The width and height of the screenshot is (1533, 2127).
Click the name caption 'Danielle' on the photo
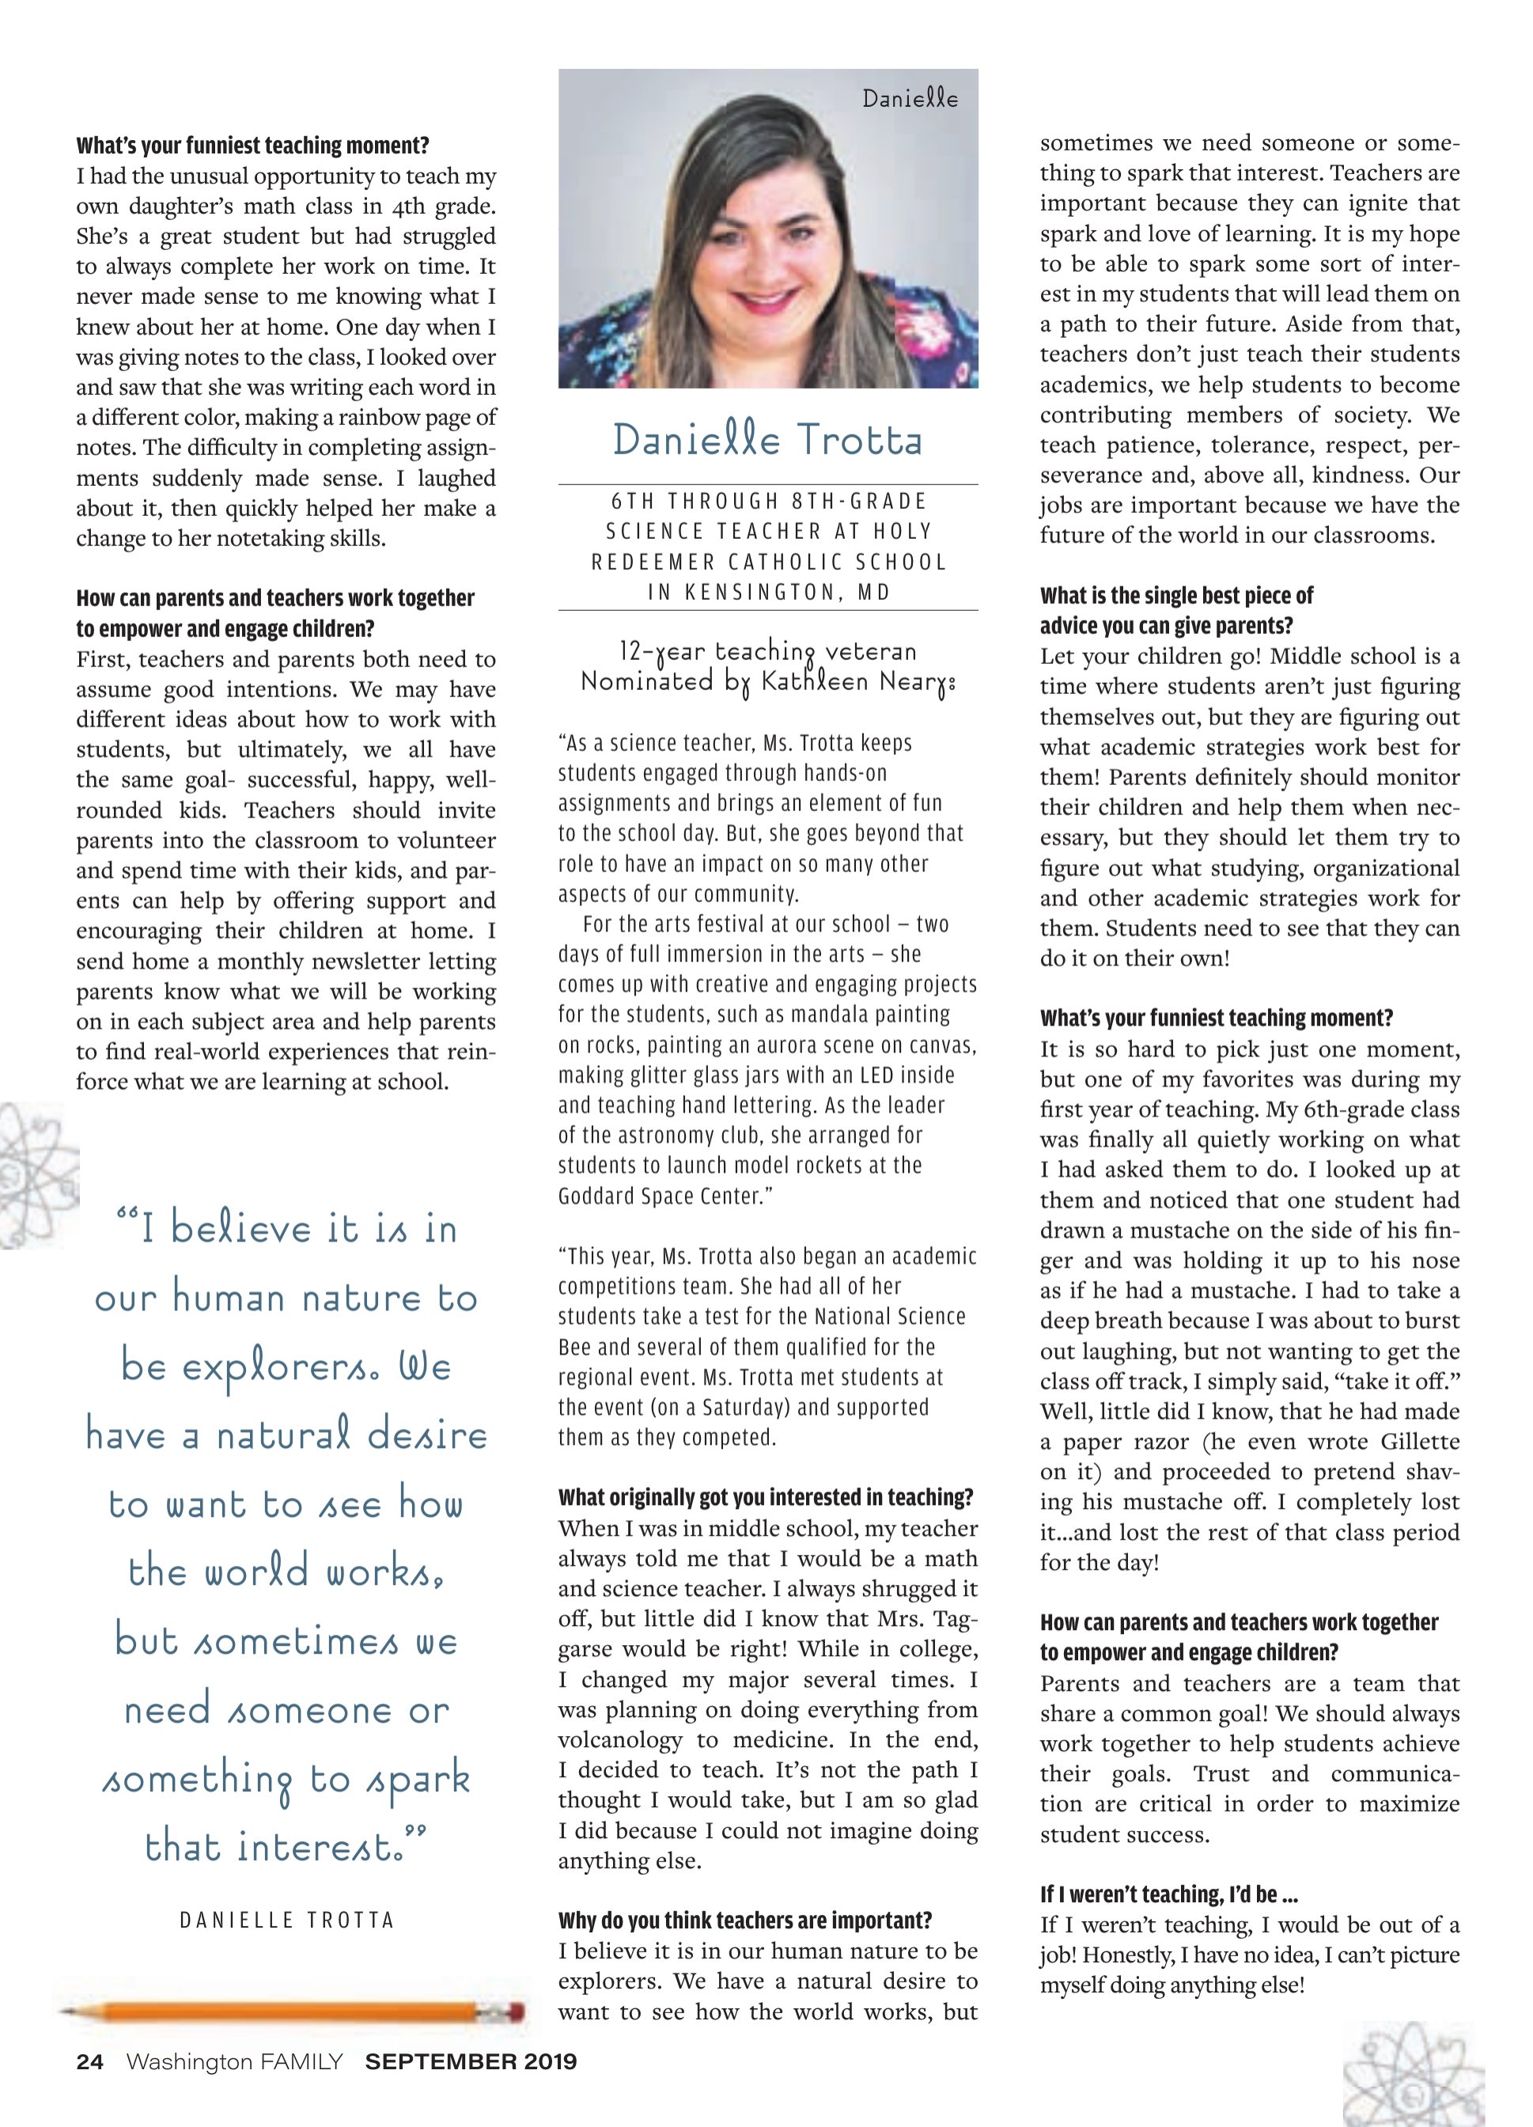[910, 98]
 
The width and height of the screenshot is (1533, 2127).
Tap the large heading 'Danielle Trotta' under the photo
[768, 441]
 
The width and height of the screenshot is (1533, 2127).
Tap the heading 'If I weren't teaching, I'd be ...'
[1168, 1894]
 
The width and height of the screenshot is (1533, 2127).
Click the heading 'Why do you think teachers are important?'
[744, 1920]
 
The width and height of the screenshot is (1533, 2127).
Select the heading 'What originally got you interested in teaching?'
[765, 1498]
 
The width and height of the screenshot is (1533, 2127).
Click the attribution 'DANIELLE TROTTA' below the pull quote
[287, 1919]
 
